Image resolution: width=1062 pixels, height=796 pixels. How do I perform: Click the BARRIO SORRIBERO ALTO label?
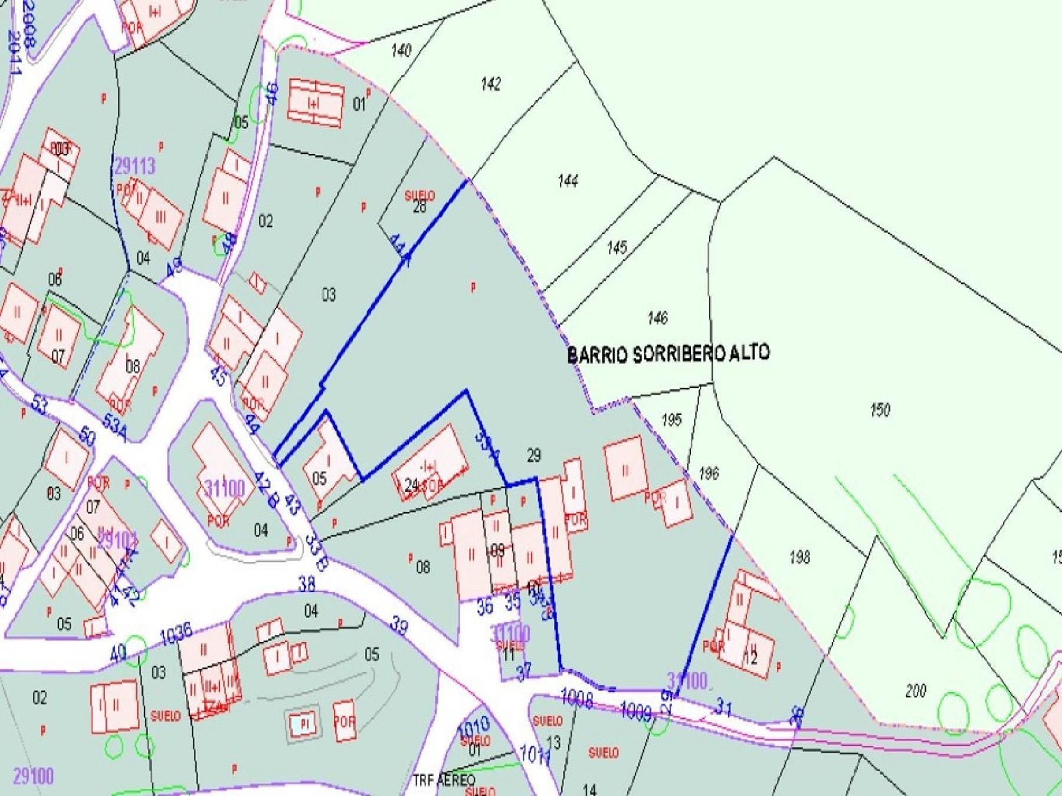pos(668,354)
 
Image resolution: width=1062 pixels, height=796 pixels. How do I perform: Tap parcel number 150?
pos(880,410)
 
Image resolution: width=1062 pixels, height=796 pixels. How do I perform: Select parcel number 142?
pos(491,84)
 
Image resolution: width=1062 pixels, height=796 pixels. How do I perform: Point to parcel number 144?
pos(568,180)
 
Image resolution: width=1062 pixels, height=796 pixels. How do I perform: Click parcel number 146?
pos(657,318)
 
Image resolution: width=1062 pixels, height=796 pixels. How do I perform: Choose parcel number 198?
pos(799,557)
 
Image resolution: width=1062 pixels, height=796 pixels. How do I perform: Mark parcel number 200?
pos(915,690)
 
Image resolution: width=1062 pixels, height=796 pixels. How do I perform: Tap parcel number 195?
pos(672,420)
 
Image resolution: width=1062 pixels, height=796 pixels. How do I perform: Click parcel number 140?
pos(401,51)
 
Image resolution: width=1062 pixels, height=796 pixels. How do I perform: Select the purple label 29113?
pos(135,166)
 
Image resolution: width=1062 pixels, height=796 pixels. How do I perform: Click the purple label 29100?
pos(33,776)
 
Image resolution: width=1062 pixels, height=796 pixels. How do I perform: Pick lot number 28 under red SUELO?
pos(419,208)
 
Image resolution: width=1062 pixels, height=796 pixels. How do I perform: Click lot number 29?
pos(533,455)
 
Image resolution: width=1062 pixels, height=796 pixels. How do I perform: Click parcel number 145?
pos(617,248)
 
